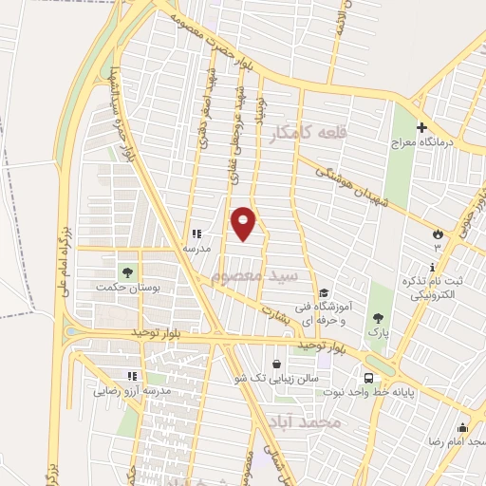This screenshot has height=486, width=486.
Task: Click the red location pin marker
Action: [x=244, y=223]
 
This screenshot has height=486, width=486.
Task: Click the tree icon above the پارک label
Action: [x=379, y=317]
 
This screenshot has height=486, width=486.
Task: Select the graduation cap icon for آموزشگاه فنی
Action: [x=324, y=293]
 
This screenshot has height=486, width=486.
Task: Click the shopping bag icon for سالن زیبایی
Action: [x=276, y=363]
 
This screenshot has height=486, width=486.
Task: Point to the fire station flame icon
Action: [x=438, y=233]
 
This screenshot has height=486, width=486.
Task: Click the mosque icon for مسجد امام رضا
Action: [x=463, y=427]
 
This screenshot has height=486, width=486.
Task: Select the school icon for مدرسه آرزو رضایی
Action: [x=142, y=376]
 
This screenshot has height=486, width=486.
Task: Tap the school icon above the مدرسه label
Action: [x=196, y=233]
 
